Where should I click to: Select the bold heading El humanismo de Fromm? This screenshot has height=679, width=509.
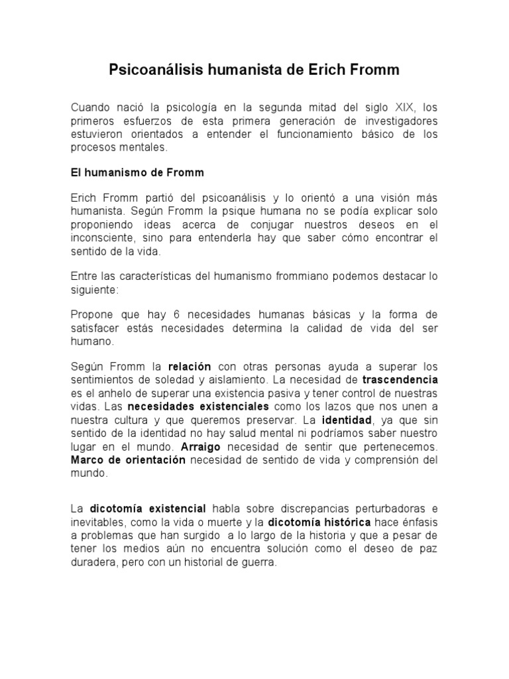[x=137, y=172]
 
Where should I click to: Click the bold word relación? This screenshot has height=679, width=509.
[x=190, y=367]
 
